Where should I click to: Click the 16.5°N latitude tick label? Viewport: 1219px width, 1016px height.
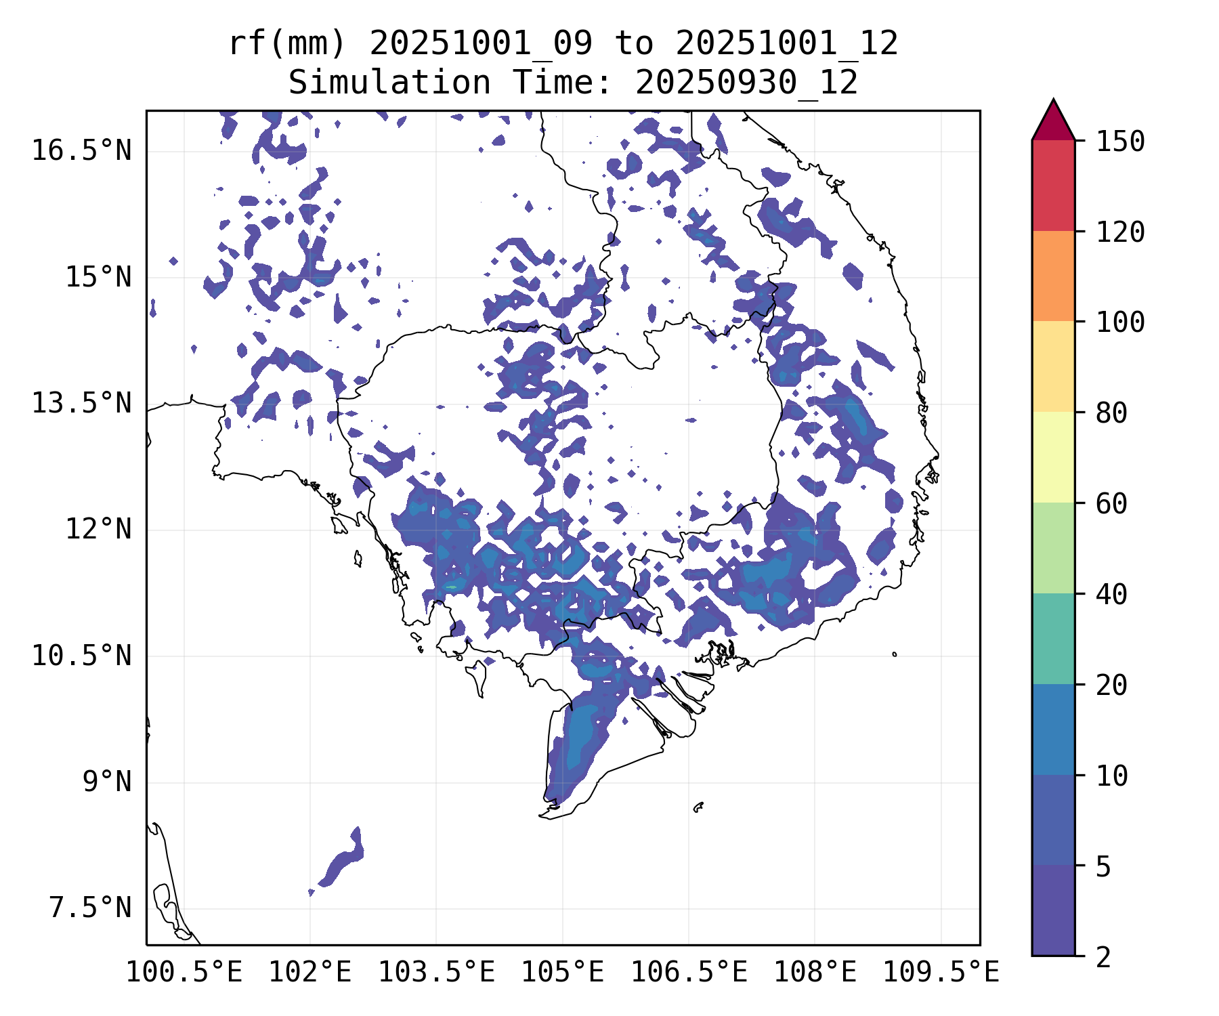coord(81,150)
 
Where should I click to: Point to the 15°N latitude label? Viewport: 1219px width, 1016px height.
coord(98,277)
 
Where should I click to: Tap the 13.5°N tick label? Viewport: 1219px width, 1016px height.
coord(81,404)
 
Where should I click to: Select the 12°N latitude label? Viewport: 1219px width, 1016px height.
coord(98,529)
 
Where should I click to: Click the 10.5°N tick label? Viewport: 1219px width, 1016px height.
coord(81,656)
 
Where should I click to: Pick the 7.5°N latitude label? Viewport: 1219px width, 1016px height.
coord(90,908)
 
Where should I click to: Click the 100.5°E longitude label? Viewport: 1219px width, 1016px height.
coord(184,972)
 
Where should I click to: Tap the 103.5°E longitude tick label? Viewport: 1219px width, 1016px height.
coord(436,972)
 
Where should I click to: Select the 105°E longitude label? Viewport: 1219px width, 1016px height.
coord(562,972)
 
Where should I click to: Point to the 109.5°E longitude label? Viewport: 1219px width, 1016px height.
coord(941,972)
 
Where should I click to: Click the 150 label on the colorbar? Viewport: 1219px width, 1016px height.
coord(1120,142)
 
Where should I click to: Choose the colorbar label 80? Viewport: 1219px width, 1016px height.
coord(1111,412)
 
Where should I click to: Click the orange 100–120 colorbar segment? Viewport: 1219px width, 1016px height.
coord(1053,276)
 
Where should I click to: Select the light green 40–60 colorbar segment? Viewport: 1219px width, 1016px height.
coord(1053,547)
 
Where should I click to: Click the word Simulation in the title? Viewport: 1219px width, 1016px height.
coord(389,83)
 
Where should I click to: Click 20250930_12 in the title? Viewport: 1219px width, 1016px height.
coord(746,83)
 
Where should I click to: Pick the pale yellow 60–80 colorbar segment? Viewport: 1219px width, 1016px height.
coord(1053,457)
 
